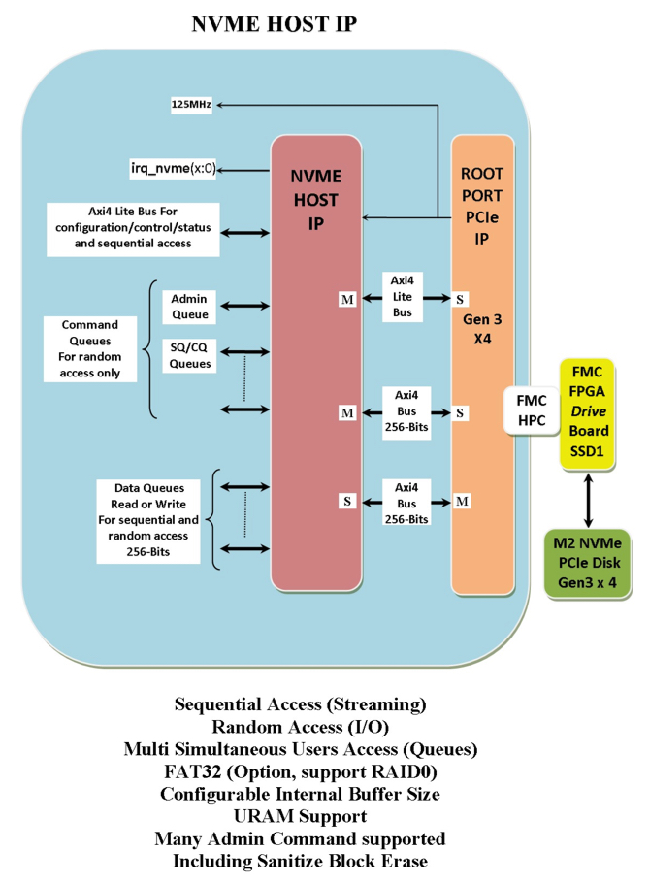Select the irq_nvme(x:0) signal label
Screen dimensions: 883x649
click(x=173, y=168)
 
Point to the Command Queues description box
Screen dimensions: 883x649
click(x=90, y=348)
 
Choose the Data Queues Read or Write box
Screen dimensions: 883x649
click(x=148, y=520)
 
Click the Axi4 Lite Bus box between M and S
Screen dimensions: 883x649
click(x=403, y=298)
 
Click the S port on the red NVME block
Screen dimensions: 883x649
click(x=346, y=501)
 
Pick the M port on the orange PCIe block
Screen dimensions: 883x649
click(x=463, y=501)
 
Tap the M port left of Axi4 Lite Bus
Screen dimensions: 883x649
click(x=346, y=299)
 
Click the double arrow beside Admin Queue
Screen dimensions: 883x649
click(x=245, y=307)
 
